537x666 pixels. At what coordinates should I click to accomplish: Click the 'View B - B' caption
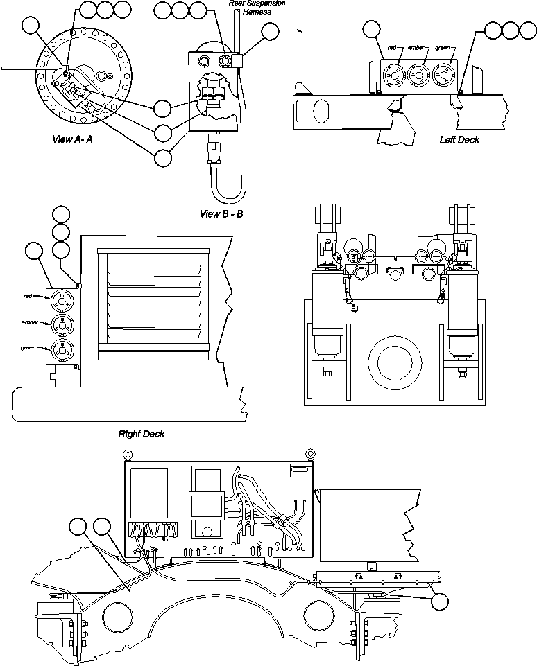point(221,213)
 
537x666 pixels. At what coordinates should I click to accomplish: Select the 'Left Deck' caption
point(459,139)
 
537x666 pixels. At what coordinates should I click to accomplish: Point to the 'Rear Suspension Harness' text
point(257,8)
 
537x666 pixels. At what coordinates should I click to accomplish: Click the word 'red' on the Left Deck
point(392,48)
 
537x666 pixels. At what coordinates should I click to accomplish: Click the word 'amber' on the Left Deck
point(417,48)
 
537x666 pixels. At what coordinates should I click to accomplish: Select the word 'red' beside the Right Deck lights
point(28,297)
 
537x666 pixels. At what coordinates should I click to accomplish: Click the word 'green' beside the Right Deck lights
point(28,348)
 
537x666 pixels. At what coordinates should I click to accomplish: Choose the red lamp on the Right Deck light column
point(62,299)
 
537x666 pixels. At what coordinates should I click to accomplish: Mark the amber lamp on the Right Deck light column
point(62,324)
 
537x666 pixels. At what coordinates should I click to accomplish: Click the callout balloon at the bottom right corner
point(439,601)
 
